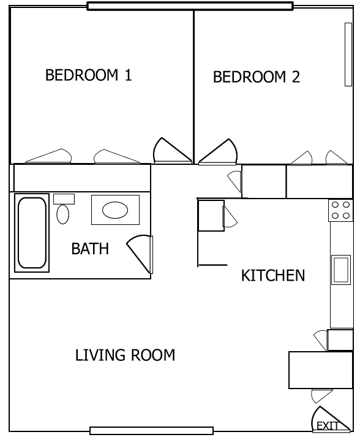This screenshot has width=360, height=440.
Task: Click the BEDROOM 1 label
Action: pos(89,75)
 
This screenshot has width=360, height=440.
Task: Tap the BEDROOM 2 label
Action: pos(257,77)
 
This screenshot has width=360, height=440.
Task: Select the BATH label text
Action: pos(90,249)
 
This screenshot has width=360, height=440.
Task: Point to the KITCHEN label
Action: pos(273,275)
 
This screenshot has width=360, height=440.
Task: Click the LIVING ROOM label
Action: pos(125,355)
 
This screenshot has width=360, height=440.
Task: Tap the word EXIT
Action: pos(328,426)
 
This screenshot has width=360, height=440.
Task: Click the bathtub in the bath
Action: pos(32,233)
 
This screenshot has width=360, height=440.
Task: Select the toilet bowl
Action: pos(63,214)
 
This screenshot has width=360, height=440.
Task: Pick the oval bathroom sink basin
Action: pos(115,210)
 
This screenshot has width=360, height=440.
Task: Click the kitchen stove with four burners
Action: pos(340,210)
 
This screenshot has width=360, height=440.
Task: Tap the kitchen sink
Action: pos(341,270)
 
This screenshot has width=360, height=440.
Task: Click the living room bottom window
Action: pos(151,431)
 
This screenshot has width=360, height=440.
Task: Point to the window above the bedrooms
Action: pos(190,6)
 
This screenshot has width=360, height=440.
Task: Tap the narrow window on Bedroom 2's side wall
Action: pos(348,55)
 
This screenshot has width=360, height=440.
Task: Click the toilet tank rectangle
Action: pos(64,199)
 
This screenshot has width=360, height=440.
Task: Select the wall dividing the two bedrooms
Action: pos(193,87)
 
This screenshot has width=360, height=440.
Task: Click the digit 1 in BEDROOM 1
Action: pos(128,75)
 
